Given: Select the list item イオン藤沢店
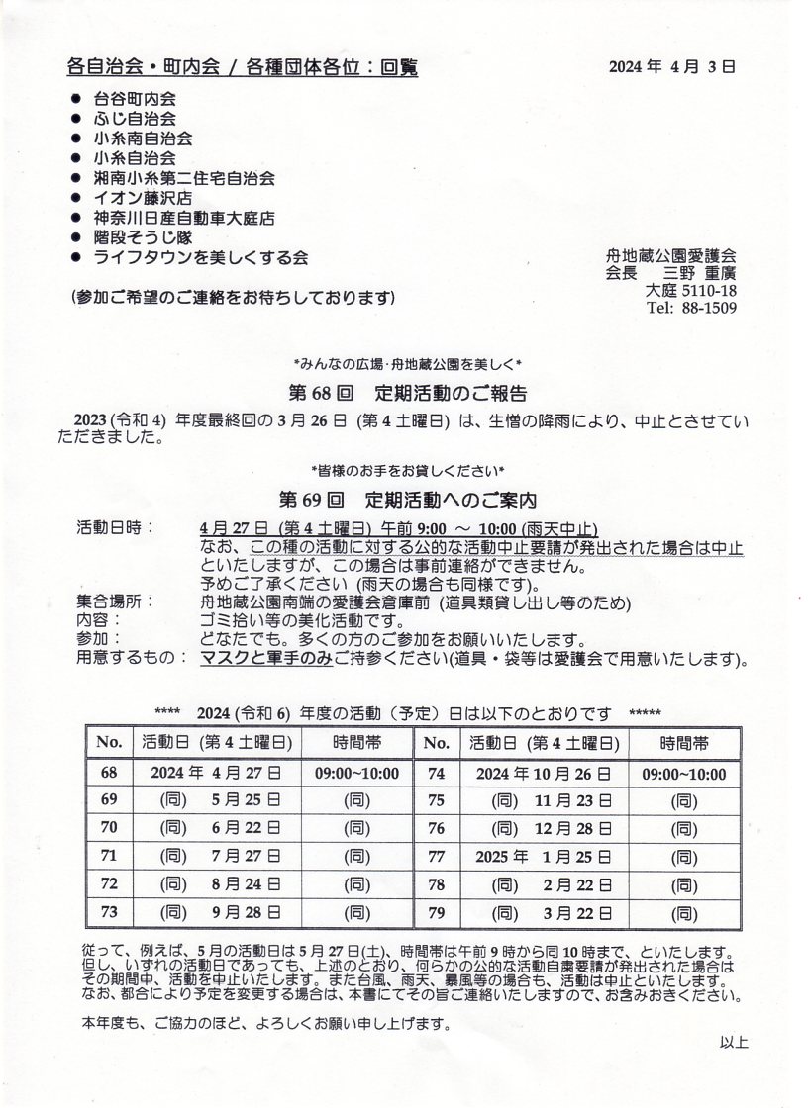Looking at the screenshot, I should tap(144, 197).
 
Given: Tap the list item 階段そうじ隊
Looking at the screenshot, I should tap(144, 237).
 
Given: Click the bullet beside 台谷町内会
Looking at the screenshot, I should tap(76, 99).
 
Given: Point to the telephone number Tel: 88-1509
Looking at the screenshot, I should tap(690, 309).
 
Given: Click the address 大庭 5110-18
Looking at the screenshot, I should tap(690, 291).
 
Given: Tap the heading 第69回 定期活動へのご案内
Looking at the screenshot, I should tap(406, 495).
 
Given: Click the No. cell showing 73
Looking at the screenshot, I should tap(110, 912).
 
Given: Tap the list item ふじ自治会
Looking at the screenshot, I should tap(136, 119).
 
